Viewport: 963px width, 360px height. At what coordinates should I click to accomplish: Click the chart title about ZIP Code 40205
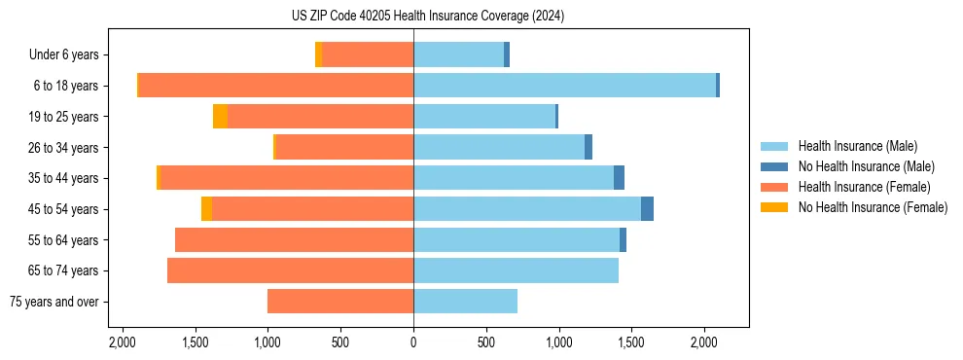click(427, 17)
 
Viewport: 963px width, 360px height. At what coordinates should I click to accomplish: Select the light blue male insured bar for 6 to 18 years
click(564, 86)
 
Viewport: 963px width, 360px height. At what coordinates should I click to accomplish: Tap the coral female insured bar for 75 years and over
click(340, 302)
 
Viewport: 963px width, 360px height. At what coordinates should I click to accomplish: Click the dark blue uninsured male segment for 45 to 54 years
click(647, 209)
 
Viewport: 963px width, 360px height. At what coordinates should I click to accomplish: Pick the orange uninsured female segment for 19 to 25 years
click(220, 117)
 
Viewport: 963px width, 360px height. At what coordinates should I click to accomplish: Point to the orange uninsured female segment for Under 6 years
click(318, 54)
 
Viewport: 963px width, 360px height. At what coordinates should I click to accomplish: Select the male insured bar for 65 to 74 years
click(516, 270)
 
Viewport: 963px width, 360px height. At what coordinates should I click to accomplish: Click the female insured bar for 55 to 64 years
click(294, 240)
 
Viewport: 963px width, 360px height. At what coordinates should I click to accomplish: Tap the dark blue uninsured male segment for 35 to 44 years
click(619, 178)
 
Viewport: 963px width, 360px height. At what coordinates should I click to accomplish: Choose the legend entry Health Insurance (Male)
click(857, 146)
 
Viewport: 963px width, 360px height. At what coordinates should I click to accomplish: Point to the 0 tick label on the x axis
click(413, 342)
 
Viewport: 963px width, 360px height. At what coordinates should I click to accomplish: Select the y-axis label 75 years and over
click(53, 302)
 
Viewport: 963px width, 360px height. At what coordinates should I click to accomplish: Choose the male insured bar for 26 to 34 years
click(499, 148)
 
